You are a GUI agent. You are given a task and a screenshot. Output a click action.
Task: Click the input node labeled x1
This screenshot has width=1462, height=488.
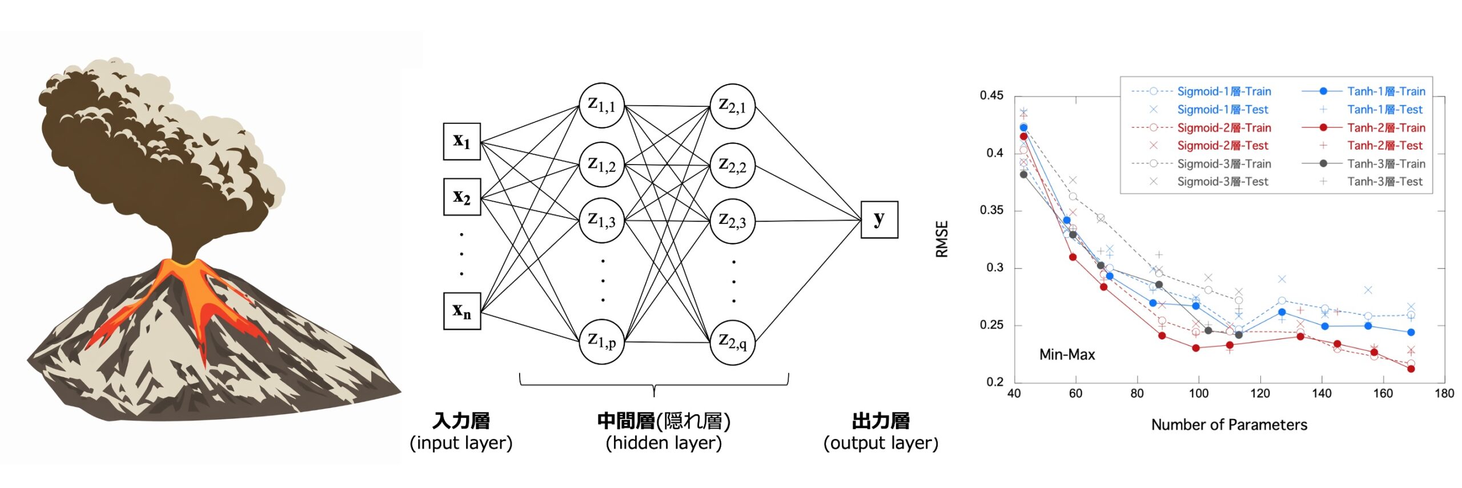pos(461,141)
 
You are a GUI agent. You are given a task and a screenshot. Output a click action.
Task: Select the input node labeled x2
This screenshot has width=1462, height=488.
pos(461,197)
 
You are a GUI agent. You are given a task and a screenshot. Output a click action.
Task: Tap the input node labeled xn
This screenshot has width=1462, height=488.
pos(461,311)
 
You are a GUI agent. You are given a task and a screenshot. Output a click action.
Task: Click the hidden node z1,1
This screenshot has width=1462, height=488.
pos(601,106)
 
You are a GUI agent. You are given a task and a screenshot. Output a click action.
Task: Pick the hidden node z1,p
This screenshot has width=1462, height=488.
pos(601,341)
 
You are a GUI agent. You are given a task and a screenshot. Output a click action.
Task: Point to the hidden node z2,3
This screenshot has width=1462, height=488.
pos(732,221)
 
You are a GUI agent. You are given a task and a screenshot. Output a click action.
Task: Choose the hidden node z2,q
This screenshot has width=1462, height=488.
pos(732,342)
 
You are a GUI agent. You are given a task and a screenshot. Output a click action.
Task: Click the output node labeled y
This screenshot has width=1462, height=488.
pos(879,219)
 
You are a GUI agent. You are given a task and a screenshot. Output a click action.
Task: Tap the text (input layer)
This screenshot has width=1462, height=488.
pos(461,443)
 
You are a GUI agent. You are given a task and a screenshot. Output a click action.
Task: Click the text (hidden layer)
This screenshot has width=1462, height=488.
pos(664,443)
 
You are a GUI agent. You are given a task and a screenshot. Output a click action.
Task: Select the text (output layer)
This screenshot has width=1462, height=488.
pos(881,443)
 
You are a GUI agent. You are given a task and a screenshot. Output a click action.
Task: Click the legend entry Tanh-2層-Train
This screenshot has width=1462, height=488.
pos(1385,127)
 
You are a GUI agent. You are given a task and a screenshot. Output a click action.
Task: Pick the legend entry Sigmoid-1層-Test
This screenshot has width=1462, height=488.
pos(1222,109)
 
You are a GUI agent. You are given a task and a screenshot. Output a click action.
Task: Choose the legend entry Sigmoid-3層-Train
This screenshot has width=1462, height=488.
pos(1224,163)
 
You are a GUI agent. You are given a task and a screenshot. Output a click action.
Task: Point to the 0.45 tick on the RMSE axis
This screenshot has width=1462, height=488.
pos(991,95)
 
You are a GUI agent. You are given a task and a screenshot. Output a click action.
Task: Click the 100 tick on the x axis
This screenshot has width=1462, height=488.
pos(1198,394)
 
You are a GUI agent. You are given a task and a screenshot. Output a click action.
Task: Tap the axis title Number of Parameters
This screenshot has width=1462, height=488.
pos(1229,425)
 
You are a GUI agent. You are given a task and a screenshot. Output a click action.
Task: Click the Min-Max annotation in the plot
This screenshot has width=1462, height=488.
pos(1067,355)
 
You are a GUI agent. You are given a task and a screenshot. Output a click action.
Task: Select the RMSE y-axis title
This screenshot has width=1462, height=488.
pos(942,239)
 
